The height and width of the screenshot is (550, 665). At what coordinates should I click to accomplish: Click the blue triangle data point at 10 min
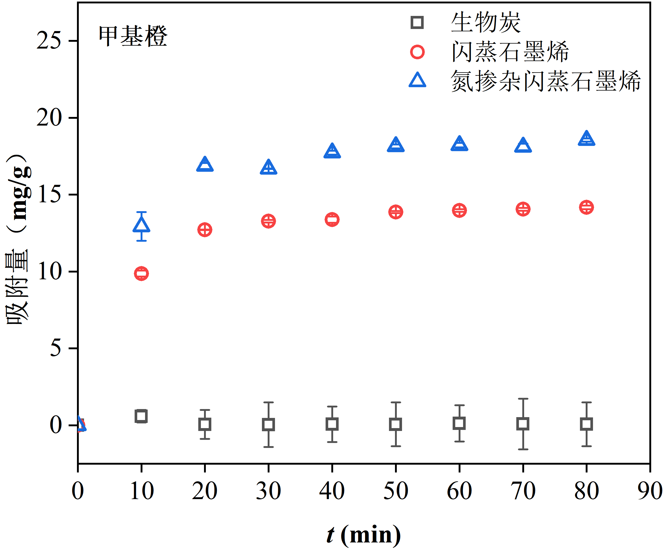tap(141, 226)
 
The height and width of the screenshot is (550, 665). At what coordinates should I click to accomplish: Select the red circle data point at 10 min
tap(141, 273)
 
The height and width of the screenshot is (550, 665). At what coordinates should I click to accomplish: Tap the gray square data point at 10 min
tap(141, 416)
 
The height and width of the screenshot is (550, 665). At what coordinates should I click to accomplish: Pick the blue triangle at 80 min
tap(586, 139)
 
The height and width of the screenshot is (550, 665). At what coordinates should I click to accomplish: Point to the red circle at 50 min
tap(396, 212)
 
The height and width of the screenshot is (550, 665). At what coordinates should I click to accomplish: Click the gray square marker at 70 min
tap(523, 424)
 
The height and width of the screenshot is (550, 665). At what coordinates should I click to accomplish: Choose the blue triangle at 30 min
tap(268, 168)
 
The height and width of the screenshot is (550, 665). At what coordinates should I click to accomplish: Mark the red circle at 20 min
tap(205, 230)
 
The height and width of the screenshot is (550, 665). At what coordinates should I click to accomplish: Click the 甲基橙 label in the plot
tap(133, 36)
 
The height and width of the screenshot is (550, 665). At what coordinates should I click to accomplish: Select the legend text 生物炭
tap(486, 22)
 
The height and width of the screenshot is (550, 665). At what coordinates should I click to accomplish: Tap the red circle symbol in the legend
tap(417, 52)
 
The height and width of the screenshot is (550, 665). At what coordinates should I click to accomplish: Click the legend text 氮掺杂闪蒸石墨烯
tap(545, 81)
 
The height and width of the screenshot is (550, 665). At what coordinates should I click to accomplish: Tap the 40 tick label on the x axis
tap(332, 491)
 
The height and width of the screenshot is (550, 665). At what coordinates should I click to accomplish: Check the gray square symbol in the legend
tap(417, 22)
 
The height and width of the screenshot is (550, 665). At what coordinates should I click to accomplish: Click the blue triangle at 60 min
tap(459, 144)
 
